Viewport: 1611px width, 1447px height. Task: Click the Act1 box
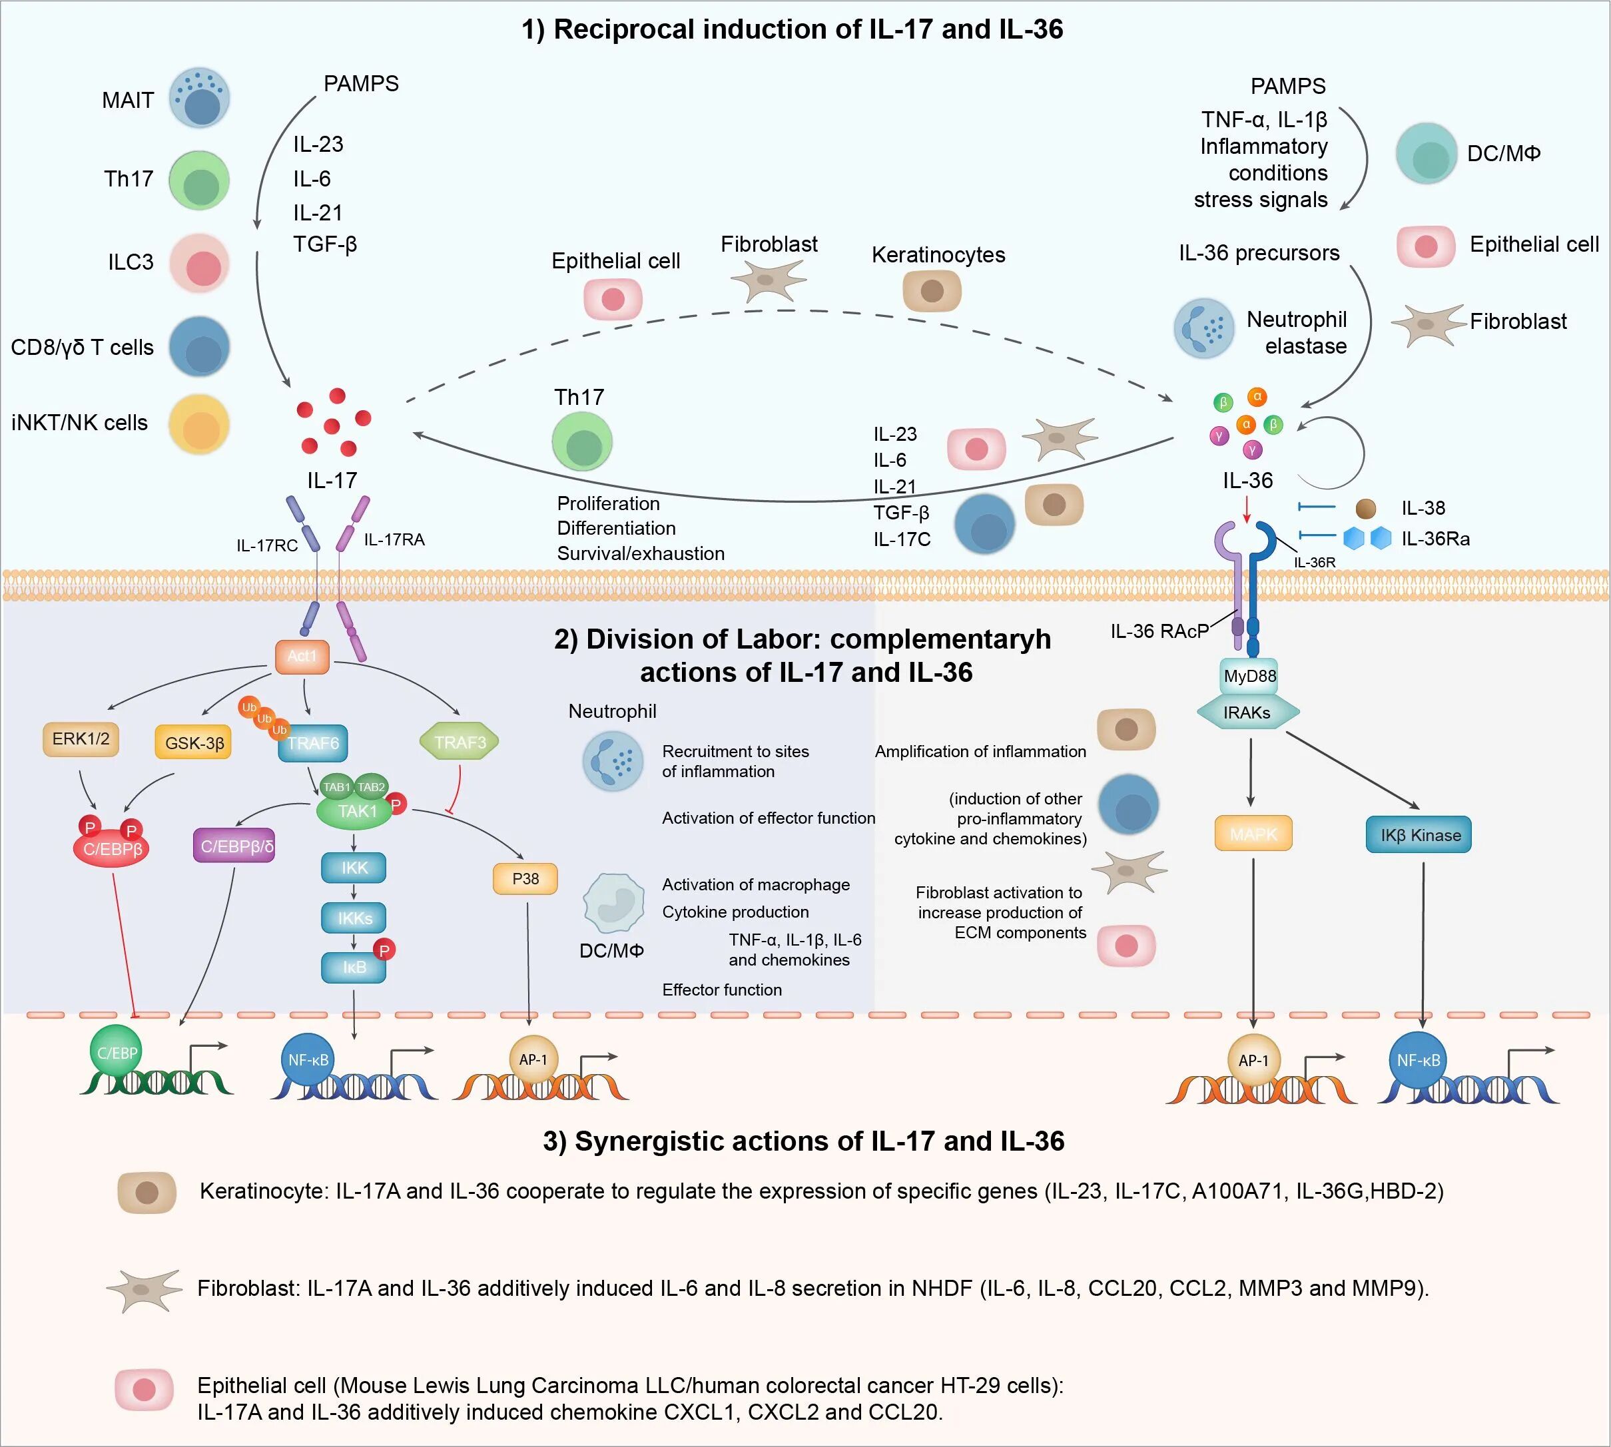pos(302,657)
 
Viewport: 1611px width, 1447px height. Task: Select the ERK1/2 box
pos(81,739)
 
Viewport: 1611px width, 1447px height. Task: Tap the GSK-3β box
pos(194,743)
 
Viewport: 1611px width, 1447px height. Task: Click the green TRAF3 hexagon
pos(459,742)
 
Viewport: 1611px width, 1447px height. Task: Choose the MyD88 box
pos(1249,677)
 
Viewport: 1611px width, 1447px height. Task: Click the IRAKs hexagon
pos(1247,713)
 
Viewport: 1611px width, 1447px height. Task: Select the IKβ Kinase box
pos(1419,836)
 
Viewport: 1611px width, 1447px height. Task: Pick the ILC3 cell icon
pos(200,263)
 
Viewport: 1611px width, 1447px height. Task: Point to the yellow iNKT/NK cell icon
pos(200,425)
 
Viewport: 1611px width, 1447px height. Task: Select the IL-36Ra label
pos(1435,539)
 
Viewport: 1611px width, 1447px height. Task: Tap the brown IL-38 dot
pos(1365,509)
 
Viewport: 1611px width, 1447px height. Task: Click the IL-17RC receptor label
pos(266,545)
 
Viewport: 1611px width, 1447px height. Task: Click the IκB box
pos(354,968)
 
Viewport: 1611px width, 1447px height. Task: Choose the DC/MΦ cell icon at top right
pos(1427,153)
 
